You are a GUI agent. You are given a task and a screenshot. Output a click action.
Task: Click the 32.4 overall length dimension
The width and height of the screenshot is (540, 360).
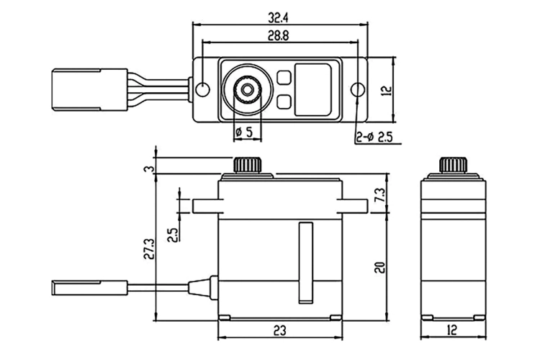(278, 18)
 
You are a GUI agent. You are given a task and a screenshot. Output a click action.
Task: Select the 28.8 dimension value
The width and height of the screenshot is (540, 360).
(279, 35)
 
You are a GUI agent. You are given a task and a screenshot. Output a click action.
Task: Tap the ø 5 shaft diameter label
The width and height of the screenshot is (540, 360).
(244, 131)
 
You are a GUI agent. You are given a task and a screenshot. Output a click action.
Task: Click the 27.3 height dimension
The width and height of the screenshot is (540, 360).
(150, 248)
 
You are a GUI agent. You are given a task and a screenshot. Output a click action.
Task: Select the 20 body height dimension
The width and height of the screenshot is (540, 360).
(379, 267)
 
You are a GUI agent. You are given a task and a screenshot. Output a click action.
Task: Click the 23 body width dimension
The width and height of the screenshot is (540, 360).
(279, 330)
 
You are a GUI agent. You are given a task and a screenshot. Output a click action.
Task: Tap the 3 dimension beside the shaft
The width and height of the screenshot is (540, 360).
(150, 169)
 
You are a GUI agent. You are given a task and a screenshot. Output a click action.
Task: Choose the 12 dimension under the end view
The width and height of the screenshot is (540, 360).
(453, 330)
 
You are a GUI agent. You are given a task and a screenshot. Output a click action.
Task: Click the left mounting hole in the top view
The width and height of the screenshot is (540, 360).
(202, 89)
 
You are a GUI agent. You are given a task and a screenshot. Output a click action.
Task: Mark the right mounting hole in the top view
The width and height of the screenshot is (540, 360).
(358, 89)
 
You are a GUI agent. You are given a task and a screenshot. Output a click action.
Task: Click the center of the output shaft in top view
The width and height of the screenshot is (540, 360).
(246, 89)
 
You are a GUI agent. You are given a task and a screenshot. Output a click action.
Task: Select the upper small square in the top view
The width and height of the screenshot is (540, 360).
(284, 78)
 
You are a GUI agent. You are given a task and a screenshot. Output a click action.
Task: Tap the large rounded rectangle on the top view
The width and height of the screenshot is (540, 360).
(312, 89)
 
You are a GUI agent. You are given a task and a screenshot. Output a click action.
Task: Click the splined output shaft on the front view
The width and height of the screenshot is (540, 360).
(247, 165)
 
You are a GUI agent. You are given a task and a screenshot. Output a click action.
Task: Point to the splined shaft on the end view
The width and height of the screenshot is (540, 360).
(453, 165)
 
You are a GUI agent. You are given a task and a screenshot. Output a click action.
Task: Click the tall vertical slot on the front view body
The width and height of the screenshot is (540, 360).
(306, 263)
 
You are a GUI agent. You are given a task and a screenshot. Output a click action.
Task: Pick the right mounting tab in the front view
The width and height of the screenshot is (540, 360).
(352, 206)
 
